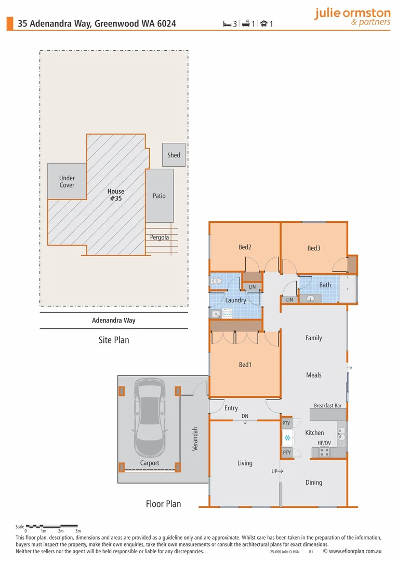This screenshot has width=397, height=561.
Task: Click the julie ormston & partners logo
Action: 352,17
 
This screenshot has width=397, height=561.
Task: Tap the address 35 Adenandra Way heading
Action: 97,23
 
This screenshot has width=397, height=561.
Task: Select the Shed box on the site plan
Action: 174,155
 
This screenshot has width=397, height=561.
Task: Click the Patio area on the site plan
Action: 159,196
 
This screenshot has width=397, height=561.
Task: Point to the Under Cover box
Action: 67,181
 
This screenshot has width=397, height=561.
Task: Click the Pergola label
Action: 160,237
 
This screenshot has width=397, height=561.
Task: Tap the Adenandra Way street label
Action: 113,320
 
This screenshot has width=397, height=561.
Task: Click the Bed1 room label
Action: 245,365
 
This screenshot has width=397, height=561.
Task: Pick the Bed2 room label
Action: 245,247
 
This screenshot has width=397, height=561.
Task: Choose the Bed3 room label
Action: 314,248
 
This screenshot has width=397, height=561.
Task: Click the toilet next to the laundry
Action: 216,281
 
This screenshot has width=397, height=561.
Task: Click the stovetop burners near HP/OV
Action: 324,452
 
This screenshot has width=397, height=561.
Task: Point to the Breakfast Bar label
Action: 328,405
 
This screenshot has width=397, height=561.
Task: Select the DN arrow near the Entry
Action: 245,419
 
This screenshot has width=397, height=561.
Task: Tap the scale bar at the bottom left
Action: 52,526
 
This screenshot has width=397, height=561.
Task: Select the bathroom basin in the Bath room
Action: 310,298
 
